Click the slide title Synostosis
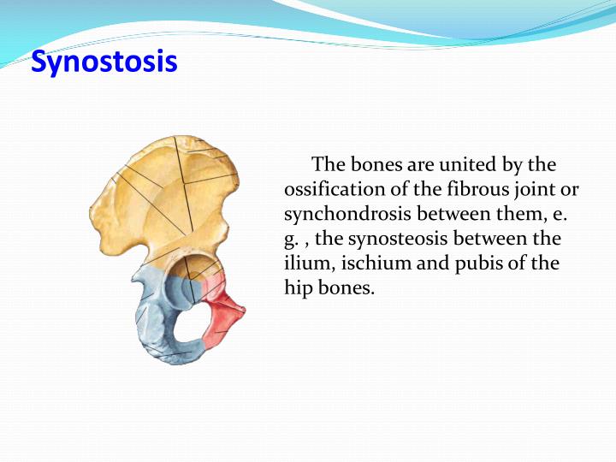(104, 62)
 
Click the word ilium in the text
(305, 263)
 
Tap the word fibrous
(472, 188)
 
